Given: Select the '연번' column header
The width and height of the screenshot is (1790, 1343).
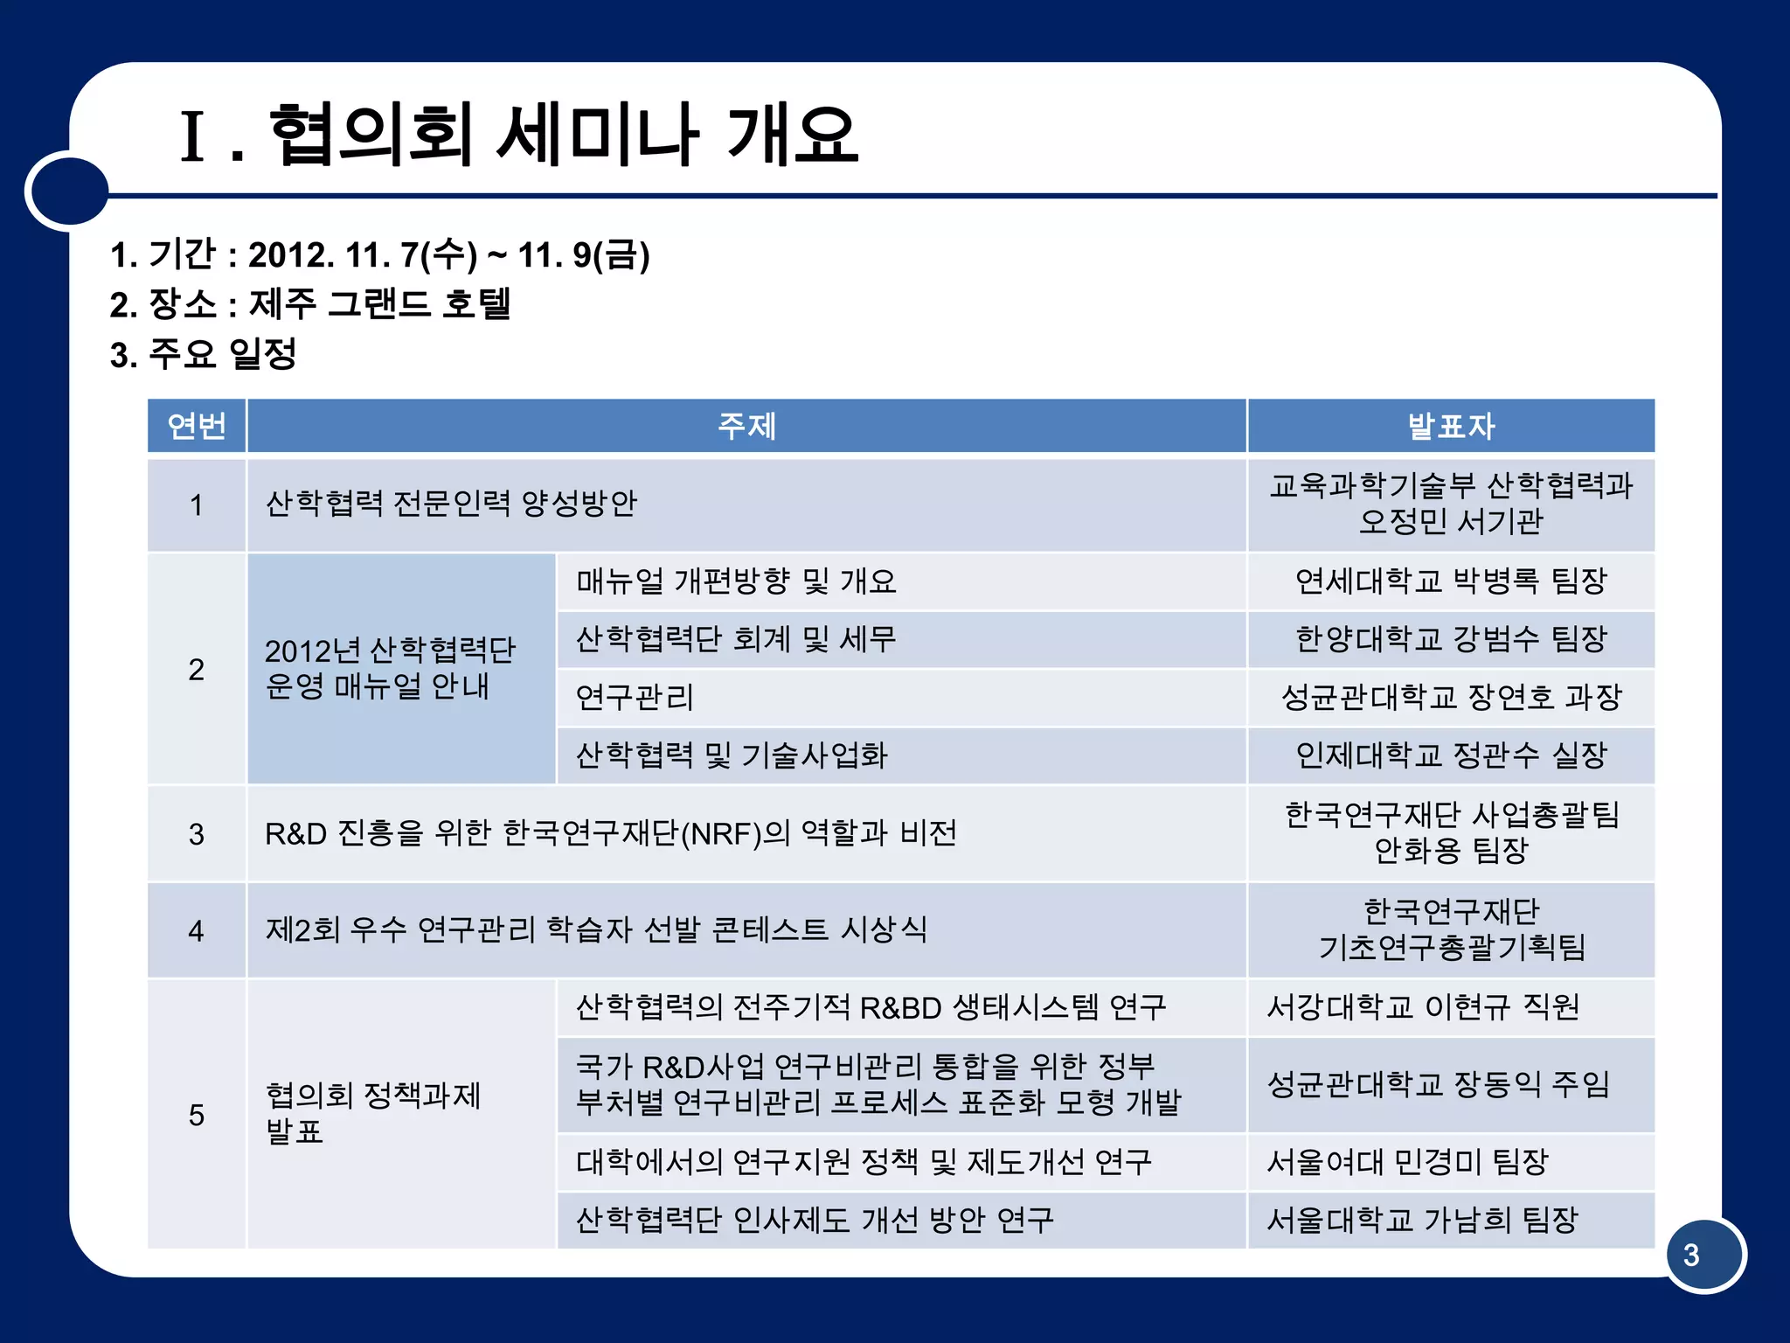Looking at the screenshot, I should click(x=197, y=426).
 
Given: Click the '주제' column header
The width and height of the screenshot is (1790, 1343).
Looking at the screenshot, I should click(x=746, y=426).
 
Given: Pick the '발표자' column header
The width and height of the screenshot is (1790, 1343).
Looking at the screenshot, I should click(x=1451, y=426).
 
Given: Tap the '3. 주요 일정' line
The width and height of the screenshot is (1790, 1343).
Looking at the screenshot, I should click(x=204, y=354).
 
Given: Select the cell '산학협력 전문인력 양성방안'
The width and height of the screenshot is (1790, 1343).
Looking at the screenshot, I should click(x=451, y=504).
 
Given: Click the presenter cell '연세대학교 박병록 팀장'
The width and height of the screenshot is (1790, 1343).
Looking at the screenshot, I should click(x=1451, y=581).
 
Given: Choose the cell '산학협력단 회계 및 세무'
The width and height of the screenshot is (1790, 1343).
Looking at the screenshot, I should click(x=736, y=639).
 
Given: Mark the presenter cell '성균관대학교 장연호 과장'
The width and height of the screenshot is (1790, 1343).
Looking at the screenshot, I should click(x=1451, y=697).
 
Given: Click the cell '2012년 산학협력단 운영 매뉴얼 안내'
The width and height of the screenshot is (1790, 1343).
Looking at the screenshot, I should click(x=390, y=668).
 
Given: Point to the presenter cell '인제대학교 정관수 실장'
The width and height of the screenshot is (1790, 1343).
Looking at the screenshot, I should click(x=1451, y=755).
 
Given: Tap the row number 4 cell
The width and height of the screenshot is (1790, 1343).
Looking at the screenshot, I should click(x=197, y=930).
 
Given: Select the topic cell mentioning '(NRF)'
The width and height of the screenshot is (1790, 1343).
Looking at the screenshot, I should click(x=610, y=833).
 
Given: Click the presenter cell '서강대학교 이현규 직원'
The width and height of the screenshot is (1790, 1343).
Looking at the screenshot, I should click(x=1423, y=1007).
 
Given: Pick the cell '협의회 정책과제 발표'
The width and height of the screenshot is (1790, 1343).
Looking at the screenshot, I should click(x=373, y=1113).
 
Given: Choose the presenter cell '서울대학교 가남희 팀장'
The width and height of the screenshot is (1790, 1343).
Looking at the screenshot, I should click(x=1422, y=1220).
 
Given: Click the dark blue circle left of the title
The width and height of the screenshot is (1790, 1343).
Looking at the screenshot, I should click(x=67, y=191).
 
